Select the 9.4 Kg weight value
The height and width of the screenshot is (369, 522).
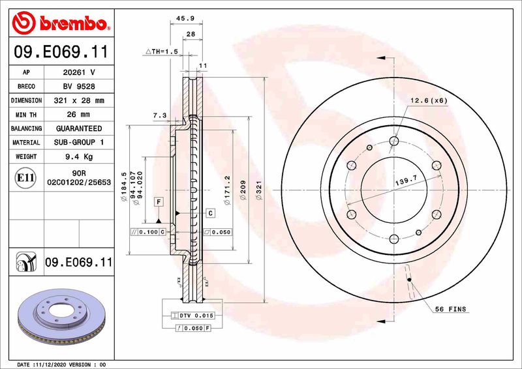click(x=78, y=157)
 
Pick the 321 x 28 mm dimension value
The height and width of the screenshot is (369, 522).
click(x=78, y=101)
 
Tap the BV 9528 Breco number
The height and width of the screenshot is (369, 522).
click(x=78, y=87)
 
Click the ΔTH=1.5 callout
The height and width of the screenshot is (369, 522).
click(x=161, y=51)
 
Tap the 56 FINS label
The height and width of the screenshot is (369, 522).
click(x=451, y=309)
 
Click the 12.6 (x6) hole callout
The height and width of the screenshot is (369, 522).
click(x=429, y=100)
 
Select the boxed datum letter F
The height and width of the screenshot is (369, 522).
click(x=158, y=202)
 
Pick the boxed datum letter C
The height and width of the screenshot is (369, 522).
click(x=211, y=213)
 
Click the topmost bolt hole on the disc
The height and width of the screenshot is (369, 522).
click(x=393, y=140)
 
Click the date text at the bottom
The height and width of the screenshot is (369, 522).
click(x=60, y=364)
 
